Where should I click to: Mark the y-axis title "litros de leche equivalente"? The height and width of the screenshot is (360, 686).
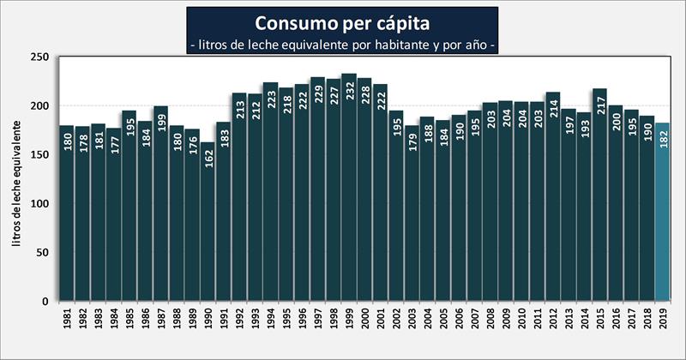coord(16,180)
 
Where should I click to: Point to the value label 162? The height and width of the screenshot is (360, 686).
coord(208,158)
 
